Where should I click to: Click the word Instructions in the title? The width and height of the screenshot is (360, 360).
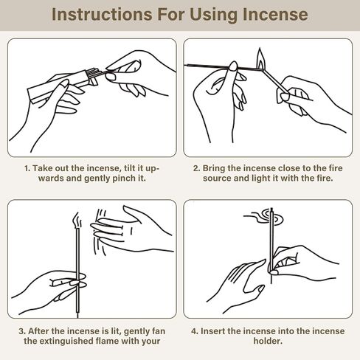click(102, 15)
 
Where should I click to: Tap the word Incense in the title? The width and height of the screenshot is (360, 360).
click(275, 15)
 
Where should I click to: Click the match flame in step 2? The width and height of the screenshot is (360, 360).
click(260, 59)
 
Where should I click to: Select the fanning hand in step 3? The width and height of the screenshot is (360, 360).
click(131, 230)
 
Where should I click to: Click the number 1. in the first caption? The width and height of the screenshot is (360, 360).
click(27, 168)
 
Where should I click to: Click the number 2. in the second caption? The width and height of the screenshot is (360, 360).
click(196, 168)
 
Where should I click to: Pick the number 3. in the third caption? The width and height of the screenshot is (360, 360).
click(22, 331)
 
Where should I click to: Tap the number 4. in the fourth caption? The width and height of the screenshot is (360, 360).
click(195, 331)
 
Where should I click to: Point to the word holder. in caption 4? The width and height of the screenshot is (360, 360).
click(268, 341)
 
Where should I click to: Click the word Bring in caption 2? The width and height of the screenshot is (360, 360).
click(214, 169)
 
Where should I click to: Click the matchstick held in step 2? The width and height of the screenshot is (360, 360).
click(275, 81)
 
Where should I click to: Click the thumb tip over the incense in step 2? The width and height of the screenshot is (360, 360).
click(233, 66)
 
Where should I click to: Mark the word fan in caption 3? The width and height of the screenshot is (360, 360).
click(158, 331)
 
